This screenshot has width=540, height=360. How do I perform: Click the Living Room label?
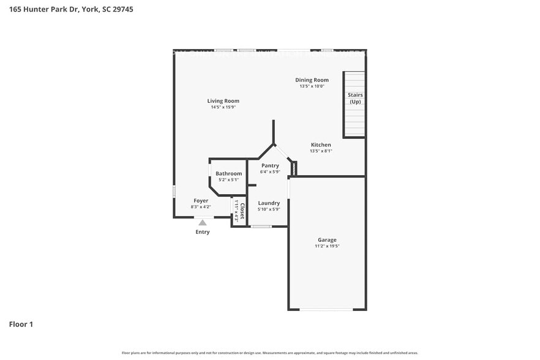coord(223,101)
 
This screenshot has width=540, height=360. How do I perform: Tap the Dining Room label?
coord(312,80)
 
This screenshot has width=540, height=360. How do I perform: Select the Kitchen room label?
coord(320,145)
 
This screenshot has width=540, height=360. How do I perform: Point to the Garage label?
coord(326,240)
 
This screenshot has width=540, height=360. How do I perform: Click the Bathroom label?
coord(228,173)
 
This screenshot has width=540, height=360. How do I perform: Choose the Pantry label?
coord(270,165)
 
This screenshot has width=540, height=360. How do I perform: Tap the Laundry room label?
coord(269,203)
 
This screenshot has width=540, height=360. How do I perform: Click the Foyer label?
coord(201,201)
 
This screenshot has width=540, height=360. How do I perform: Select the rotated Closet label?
coord(242,212)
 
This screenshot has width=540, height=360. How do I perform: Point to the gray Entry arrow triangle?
coord(202,222)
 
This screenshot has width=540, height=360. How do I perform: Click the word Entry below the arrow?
coord(202,232)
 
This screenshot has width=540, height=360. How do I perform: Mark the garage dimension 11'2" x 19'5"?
coord(326,246)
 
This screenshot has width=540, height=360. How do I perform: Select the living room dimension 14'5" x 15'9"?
coord(223,107)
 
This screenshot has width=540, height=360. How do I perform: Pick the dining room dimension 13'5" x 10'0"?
coord(312,86)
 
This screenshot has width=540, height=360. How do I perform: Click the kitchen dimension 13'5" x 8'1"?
coord(320,151)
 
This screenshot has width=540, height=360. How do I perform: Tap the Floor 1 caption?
coord(21,324)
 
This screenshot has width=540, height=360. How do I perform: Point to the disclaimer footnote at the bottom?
coord(269,353)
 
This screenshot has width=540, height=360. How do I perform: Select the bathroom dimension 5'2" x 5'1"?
coord(228,180)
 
